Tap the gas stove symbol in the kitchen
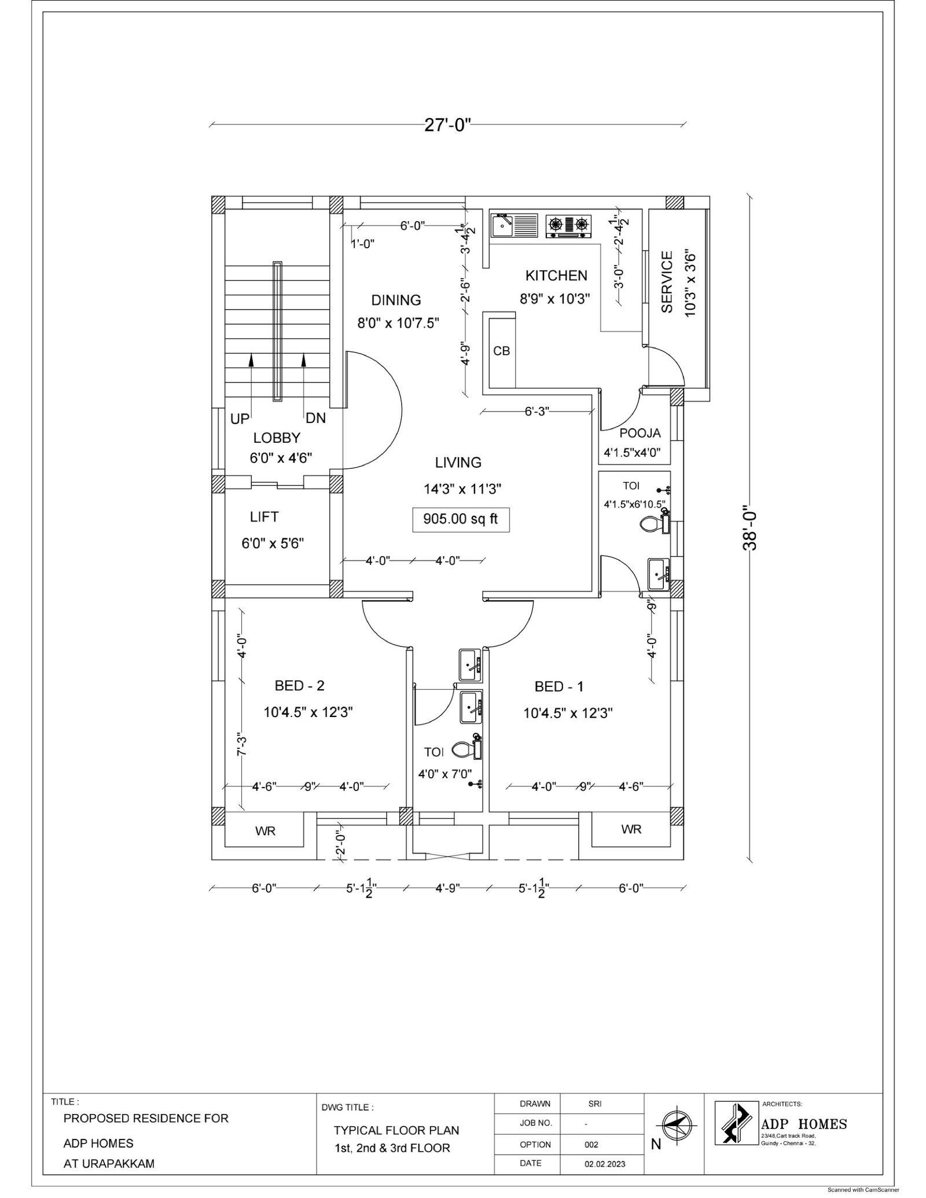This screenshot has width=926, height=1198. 569,226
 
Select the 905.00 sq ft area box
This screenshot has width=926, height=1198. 460,519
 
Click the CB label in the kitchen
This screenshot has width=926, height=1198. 501,351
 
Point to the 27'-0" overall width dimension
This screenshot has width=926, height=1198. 448,124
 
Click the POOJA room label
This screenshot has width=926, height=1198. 640,433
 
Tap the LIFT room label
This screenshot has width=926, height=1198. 264,516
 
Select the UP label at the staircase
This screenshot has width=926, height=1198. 240,418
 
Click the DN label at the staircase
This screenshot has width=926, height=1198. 315,418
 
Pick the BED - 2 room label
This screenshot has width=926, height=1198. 299,686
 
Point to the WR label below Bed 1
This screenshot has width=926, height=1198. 631,829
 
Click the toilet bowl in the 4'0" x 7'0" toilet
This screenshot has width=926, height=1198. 465,750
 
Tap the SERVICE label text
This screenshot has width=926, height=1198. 667,282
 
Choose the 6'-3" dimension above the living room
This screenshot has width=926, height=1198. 537,411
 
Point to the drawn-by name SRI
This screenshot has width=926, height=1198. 594,1104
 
